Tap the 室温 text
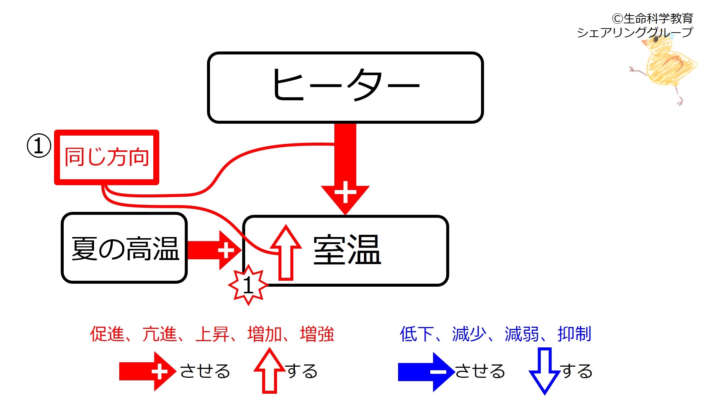[347, 250]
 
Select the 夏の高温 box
[124, 248]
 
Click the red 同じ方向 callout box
[107, 157]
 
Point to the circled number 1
[39, 146]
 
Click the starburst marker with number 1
[248, 285]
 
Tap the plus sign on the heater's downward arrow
[345, 192]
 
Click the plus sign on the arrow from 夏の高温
[226, 250]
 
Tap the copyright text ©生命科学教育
[652, 18]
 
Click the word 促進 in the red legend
[107, 334]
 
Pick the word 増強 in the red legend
[317, 334]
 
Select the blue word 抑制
[574, 334]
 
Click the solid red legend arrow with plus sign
[148, 371]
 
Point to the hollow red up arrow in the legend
[270, 370]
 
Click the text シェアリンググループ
[635, 32]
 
